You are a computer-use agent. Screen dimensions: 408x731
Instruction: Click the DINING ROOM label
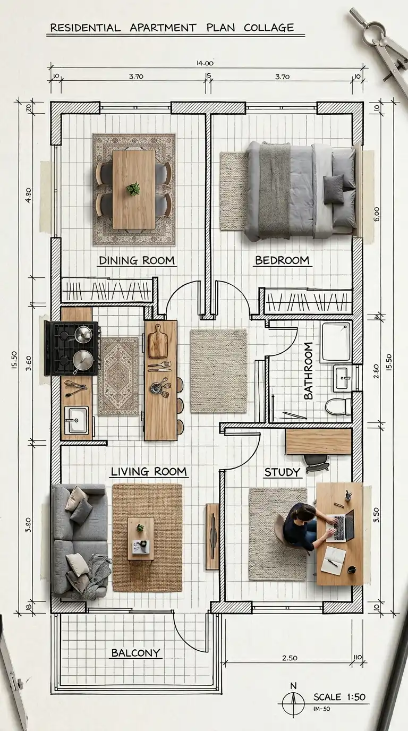[137, 260]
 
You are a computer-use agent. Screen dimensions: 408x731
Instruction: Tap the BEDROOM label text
[282, 260]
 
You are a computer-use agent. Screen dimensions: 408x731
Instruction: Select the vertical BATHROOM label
[308, 371]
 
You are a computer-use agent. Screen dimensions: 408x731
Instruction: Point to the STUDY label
[282, 472]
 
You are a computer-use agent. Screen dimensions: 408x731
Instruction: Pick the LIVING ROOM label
[149, 471]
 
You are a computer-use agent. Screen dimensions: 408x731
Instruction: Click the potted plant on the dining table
[133, 189]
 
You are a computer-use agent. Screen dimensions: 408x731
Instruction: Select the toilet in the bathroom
[338, 406]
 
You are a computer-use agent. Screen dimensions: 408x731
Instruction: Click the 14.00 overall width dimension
[205, 63]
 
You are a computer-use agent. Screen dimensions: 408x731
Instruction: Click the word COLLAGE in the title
[269, 28]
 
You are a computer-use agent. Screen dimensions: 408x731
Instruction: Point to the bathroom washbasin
[342, 378]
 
